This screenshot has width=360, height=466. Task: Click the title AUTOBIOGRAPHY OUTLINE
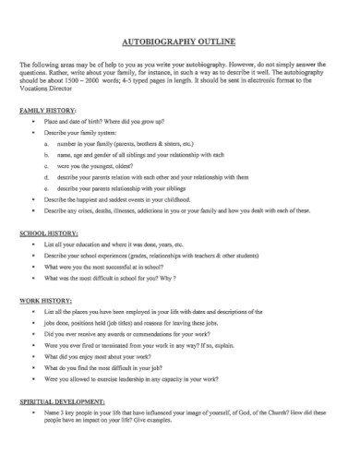tap(179, 42)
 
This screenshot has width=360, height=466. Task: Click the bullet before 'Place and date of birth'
tap(34, 122)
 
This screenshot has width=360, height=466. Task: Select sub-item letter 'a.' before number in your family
tap(47, 144)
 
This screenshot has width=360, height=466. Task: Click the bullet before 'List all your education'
tap(34, 245)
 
